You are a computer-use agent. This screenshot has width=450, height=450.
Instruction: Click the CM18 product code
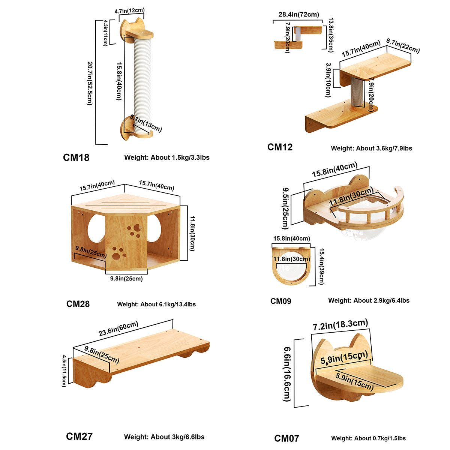tap(76, 157)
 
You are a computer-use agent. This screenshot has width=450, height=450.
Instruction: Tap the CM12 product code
tap(280, 147)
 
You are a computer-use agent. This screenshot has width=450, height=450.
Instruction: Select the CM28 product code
tap(78, 304)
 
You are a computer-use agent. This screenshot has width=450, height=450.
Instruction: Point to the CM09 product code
tap(280, 301)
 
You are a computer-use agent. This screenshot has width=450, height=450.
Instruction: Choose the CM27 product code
tap(79, 436)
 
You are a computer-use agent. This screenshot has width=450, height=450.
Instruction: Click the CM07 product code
tap(286, 438)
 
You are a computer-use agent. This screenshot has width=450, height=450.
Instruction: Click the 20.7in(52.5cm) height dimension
tap(89, 81)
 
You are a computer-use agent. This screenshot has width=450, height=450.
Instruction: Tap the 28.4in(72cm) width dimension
tap(299, 15)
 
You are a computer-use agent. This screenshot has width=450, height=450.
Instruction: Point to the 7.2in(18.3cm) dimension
tap(340, 324)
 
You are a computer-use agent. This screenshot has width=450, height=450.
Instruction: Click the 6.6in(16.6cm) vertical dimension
tap(287, 373)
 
